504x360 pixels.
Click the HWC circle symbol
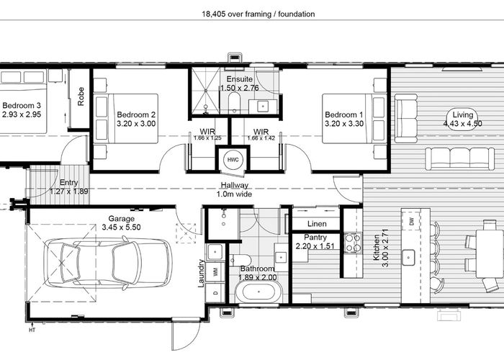click(233, 160)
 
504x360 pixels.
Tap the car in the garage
click(108, 264)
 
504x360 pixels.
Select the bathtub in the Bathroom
click(258, 292)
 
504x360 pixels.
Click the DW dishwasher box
click(411, 221)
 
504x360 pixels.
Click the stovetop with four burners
click(353, 243)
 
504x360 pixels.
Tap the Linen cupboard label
click(317, 224)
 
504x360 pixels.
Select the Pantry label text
click(315, 237)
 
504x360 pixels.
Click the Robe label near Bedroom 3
click(81, 96)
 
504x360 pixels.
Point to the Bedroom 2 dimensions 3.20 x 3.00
click(136, 124)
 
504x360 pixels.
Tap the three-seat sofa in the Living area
click(459, 158)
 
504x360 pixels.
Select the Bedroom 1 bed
click(354, 118)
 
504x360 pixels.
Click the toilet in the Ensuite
click(234, 103)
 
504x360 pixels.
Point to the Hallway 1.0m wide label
click(234, 189)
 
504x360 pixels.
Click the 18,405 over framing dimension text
click(258, 14)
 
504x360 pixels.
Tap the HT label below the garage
click(32, 330)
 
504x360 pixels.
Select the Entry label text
click(69, 183)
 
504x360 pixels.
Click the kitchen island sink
click(409, 257)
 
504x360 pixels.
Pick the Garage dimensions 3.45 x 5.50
click(121, 228)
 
